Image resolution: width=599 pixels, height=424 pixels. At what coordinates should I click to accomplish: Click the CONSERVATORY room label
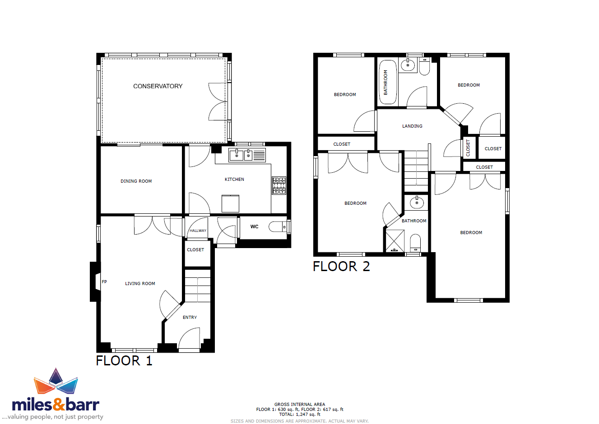point(158,86)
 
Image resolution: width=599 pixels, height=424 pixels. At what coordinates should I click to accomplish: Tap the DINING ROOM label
point(136,181)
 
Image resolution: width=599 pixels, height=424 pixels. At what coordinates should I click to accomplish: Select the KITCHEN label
point(234,179)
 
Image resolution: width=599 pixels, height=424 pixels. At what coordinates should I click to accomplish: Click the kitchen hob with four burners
point(279,185)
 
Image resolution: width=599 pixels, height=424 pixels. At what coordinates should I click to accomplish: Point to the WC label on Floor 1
point(254,226)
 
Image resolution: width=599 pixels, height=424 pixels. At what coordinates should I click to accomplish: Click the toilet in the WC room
point(277,227)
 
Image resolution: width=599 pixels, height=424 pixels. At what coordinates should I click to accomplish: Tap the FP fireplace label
point(104,281)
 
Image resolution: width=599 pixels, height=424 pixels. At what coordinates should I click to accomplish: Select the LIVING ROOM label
point(140,283)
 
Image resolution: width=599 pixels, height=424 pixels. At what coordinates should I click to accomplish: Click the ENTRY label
point(190,318)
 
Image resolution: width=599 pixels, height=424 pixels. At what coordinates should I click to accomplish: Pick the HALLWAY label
point(198,230)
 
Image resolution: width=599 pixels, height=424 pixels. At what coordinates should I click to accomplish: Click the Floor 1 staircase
point(198,286)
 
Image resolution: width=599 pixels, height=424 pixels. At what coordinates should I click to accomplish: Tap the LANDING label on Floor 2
point(412,126)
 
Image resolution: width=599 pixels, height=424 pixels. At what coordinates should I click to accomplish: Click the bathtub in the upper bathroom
point(387,82)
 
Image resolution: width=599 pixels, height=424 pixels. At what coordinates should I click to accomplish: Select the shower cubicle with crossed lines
point(395,241)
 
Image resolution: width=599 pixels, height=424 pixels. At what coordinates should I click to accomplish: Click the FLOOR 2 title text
point(342,267)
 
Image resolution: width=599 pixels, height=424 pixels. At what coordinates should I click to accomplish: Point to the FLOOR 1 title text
point(124,361)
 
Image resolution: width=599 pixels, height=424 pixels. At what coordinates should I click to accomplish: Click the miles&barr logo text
point(56,405)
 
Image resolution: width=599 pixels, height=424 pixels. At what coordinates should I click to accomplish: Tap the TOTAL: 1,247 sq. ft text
point(300,415)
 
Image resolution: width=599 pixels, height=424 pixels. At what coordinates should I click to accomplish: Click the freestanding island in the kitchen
point(230,203)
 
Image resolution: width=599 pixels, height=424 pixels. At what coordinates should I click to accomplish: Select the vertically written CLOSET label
point(468,148)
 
